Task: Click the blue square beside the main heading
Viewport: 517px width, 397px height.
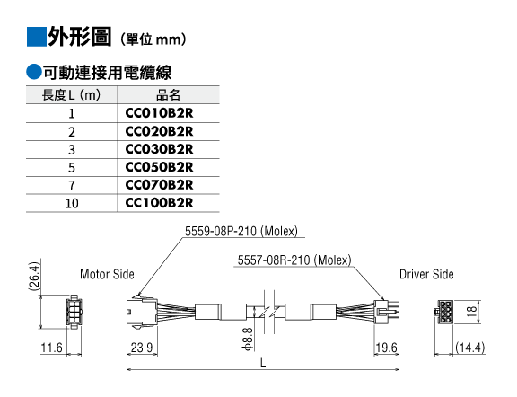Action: (36, 37)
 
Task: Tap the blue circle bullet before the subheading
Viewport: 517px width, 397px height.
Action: (34, 72)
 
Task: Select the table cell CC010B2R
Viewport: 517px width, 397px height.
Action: (159, 113)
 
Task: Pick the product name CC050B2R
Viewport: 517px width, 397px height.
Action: (159, 167)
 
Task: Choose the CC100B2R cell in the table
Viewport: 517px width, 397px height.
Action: (159, 203)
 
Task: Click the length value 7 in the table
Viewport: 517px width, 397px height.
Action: (72, 185)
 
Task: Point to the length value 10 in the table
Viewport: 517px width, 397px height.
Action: (72, 203)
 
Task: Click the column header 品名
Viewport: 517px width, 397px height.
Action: (168, 95)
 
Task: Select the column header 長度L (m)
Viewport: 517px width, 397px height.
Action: (71, 95)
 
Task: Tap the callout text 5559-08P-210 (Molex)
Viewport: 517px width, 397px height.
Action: (241, 231)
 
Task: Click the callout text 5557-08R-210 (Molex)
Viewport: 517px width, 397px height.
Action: (294, 260)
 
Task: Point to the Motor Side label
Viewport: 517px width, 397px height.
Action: (107, 274)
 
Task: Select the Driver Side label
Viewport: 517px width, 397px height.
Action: (426, 274)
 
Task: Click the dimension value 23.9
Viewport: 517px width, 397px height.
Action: (142, 348)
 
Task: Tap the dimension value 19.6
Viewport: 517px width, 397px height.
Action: (387, 348)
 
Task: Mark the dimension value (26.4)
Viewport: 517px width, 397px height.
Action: (35, 277)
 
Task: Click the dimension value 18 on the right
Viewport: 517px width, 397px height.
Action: (472, 312)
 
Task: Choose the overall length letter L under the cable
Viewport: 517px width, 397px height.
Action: (263, 363)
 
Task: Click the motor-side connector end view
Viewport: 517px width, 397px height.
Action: (74, 312)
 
